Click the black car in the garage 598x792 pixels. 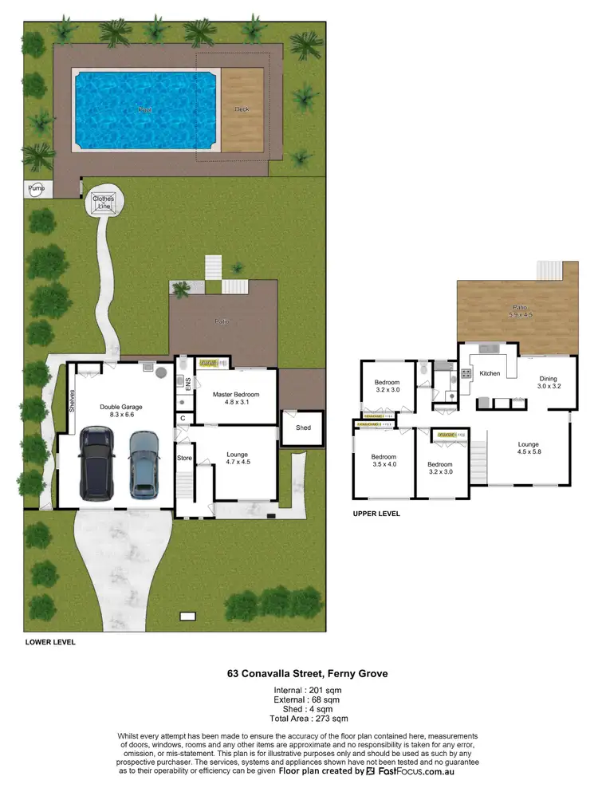pos(97,463)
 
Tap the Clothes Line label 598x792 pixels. pos(103,202)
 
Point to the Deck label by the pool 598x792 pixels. pos(242,109)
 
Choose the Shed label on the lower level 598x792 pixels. pos(303,428)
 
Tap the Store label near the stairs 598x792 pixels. pos(184,458)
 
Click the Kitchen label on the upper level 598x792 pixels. pos(490,373)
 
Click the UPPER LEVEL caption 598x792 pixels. pos(376,514)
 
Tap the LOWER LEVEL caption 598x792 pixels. pos(50,642)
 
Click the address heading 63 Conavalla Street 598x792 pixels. pos(307,674)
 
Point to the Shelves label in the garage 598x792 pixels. pos(71,399)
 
